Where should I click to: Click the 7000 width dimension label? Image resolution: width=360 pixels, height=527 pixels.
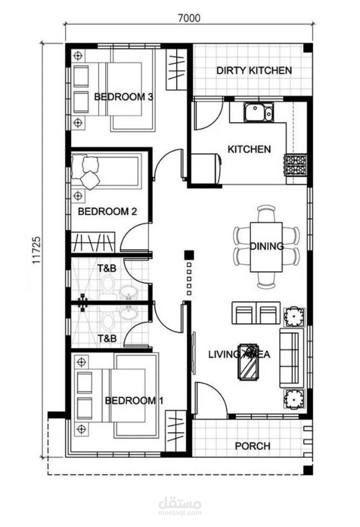pos(189,18)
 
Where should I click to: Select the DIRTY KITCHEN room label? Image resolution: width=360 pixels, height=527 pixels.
pos(254,70)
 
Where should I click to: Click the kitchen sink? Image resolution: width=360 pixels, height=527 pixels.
pos(258,112)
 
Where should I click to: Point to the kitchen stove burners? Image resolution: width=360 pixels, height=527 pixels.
pos(296,164)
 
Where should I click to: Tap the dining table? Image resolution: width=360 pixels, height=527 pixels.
pos(266,246)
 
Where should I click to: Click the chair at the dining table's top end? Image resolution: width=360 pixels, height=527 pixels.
pos(266,213)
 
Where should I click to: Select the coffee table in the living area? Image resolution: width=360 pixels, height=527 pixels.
pos(248,361)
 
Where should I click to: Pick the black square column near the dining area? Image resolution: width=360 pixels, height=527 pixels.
pos(189,255)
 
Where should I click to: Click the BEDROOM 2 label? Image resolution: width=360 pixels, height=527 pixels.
pos(107,211)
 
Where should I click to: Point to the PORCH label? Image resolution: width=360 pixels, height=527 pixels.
pos(252,446)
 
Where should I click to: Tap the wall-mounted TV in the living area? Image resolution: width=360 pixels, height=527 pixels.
pos(193,352)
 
